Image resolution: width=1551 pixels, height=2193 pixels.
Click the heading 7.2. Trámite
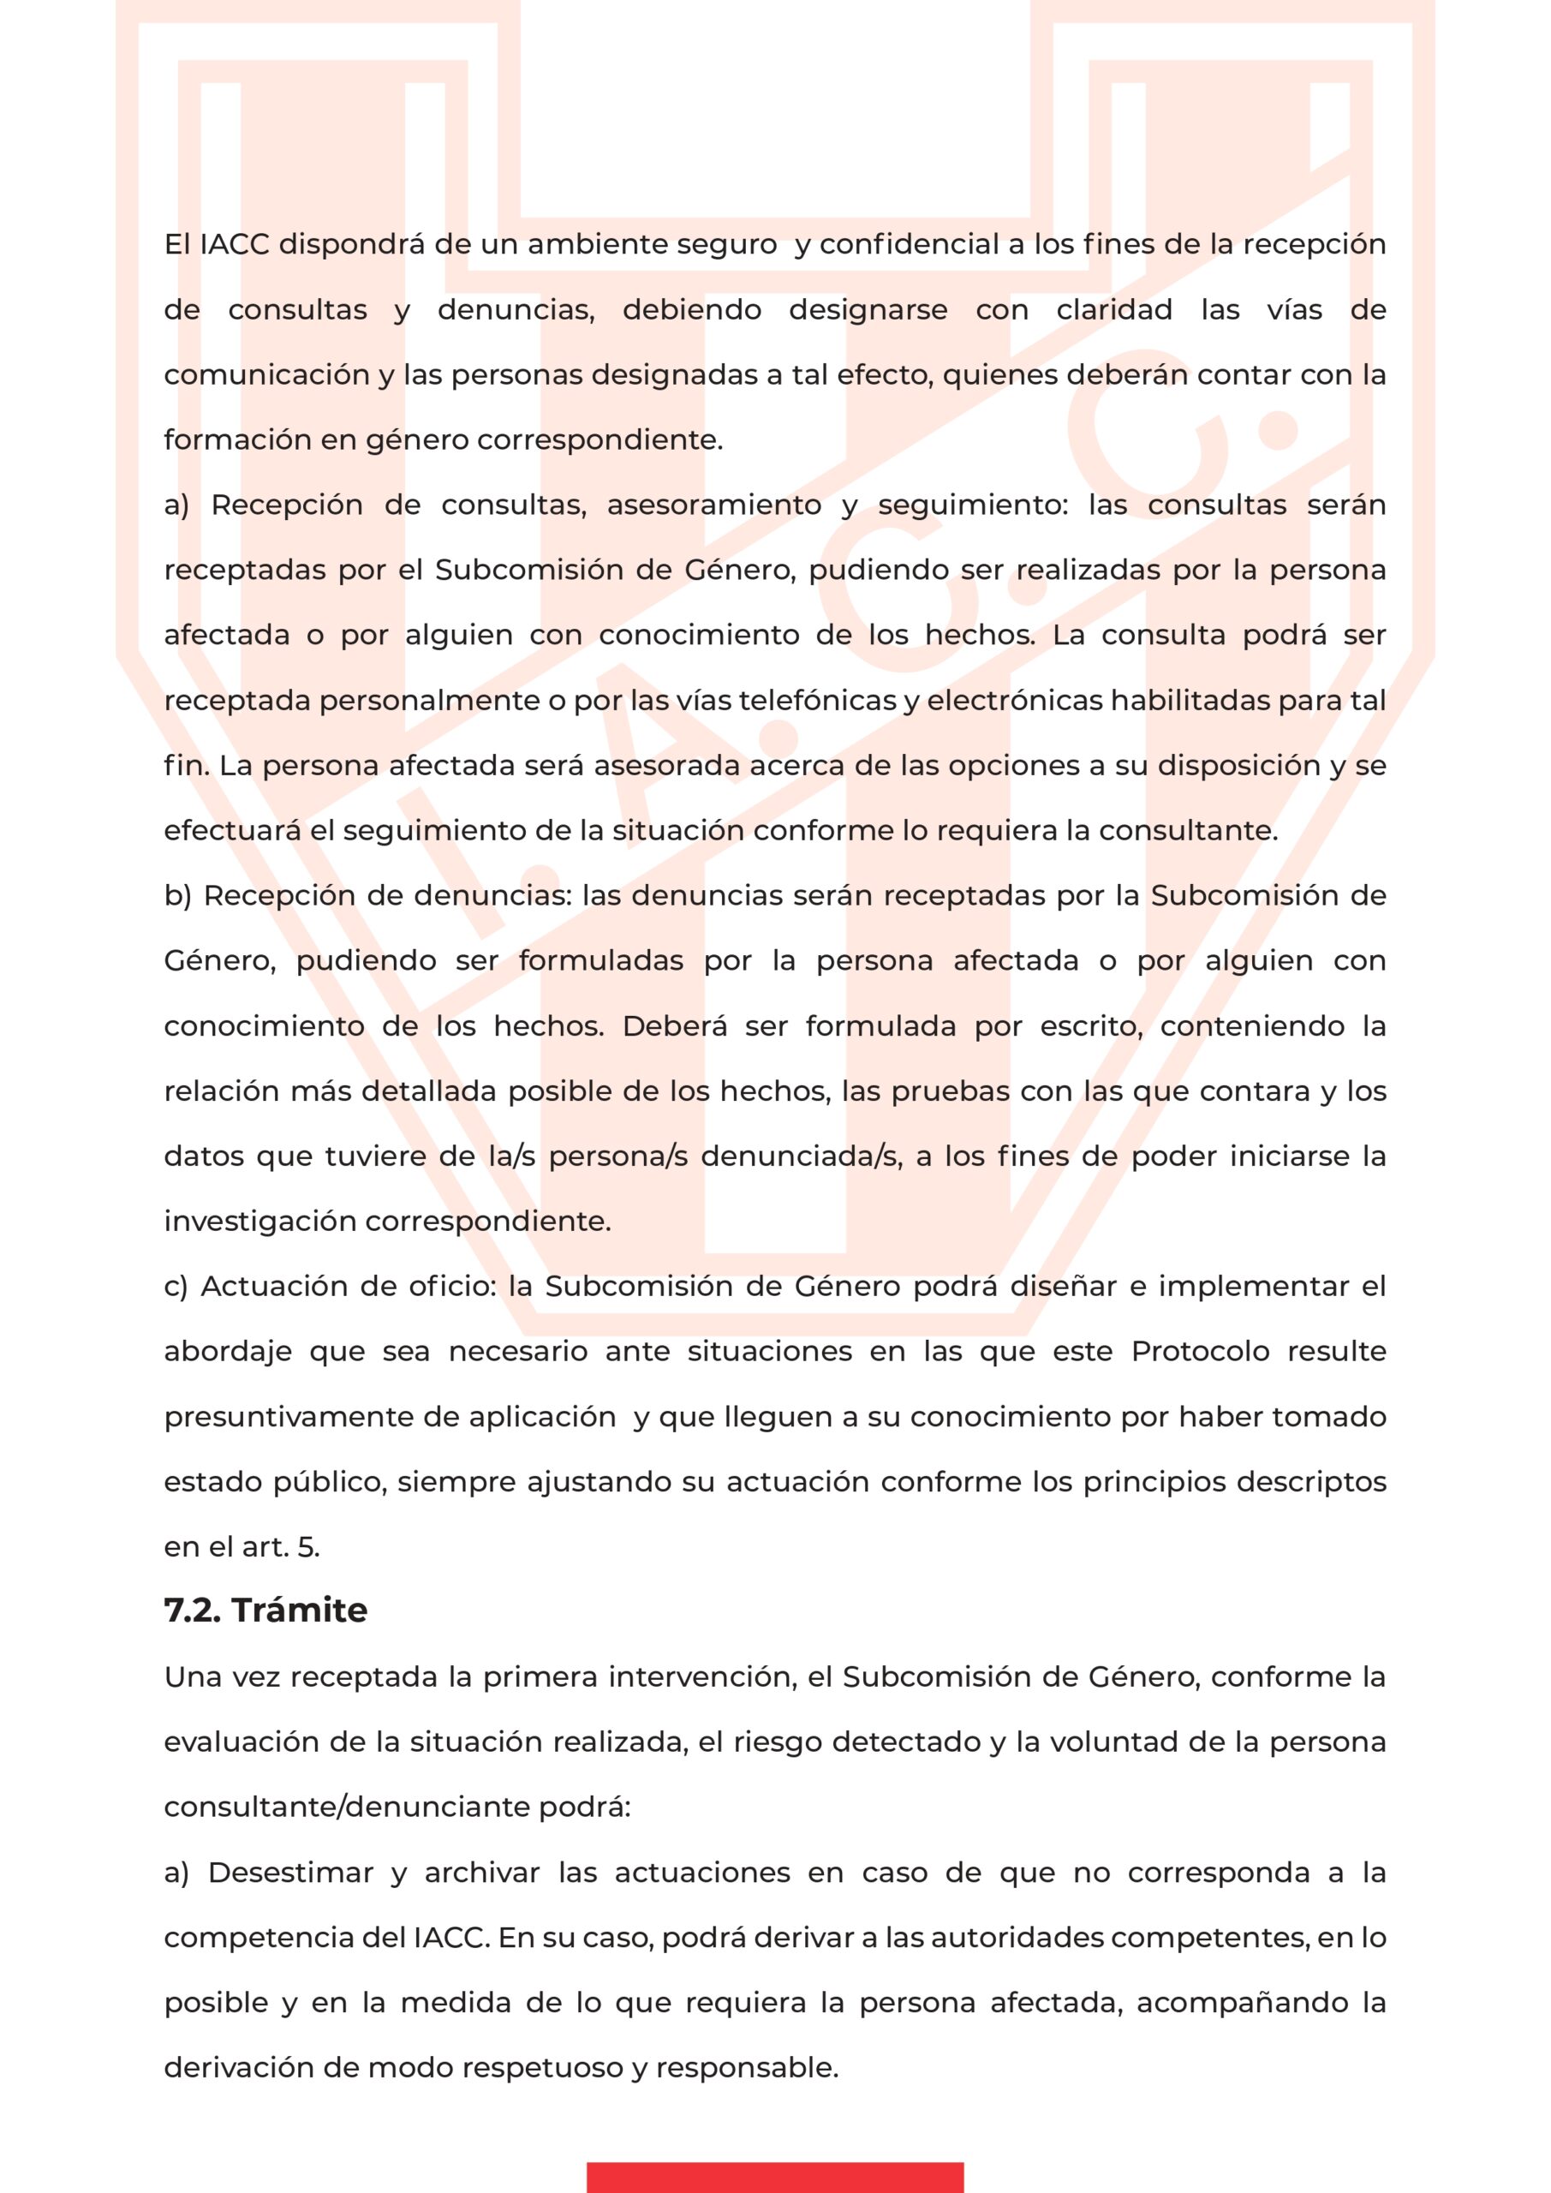coord(265,1611)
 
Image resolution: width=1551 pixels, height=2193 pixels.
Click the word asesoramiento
coord(713,505)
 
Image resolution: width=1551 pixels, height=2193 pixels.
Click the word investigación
coord(259,1222)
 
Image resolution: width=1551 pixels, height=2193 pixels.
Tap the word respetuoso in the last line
coord(540,2068)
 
